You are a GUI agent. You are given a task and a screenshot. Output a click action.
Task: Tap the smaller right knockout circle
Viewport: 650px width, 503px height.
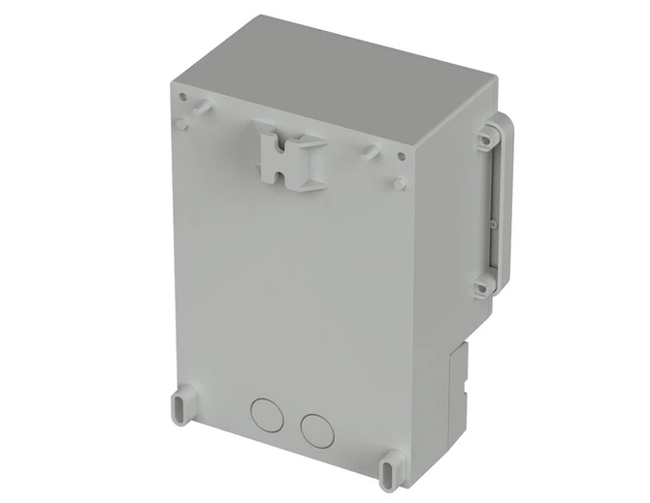[x=315, y=427]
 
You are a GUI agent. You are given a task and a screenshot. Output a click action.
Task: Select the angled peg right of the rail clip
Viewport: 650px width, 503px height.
[x=370, y=153]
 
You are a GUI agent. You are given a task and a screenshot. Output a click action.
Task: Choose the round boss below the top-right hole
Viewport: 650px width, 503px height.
[x=399, y=182]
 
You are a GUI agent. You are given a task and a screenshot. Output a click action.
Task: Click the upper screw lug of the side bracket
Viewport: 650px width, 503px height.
[x=482, y=141]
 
